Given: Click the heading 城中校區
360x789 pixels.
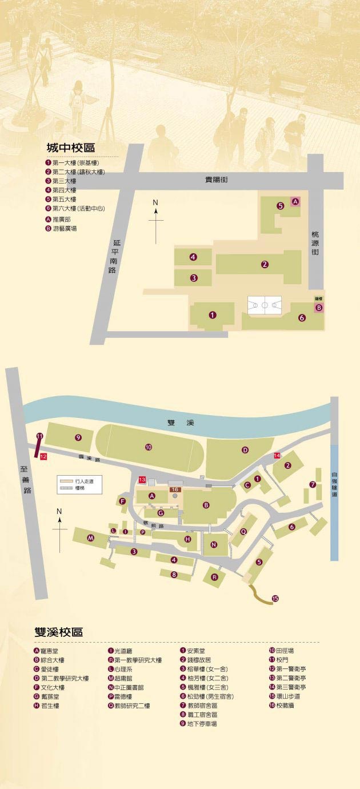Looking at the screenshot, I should (70, 148).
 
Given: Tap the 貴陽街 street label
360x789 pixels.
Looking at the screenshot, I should (217, 180).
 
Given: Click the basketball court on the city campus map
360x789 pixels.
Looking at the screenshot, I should (265, 305).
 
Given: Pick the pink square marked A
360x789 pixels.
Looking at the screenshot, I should (295, 202).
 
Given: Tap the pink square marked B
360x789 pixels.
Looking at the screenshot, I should (319, 308).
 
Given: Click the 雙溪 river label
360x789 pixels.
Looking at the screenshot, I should (181, 423).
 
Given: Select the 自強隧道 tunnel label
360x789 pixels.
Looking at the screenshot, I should (335, 483).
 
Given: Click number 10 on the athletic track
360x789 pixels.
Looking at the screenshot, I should (149, 447).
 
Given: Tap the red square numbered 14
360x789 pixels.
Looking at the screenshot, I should (277, 455).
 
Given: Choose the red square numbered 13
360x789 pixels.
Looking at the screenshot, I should (142, 479).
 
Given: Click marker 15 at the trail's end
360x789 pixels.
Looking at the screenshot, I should (275, 599).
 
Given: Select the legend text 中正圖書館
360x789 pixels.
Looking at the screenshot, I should (129, 687).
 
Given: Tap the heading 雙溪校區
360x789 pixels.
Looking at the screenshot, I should (58, 632).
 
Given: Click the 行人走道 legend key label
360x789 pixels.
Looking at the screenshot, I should (83, 482).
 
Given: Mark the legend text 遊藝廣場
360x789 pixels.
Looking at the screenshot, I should (65, 228).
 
